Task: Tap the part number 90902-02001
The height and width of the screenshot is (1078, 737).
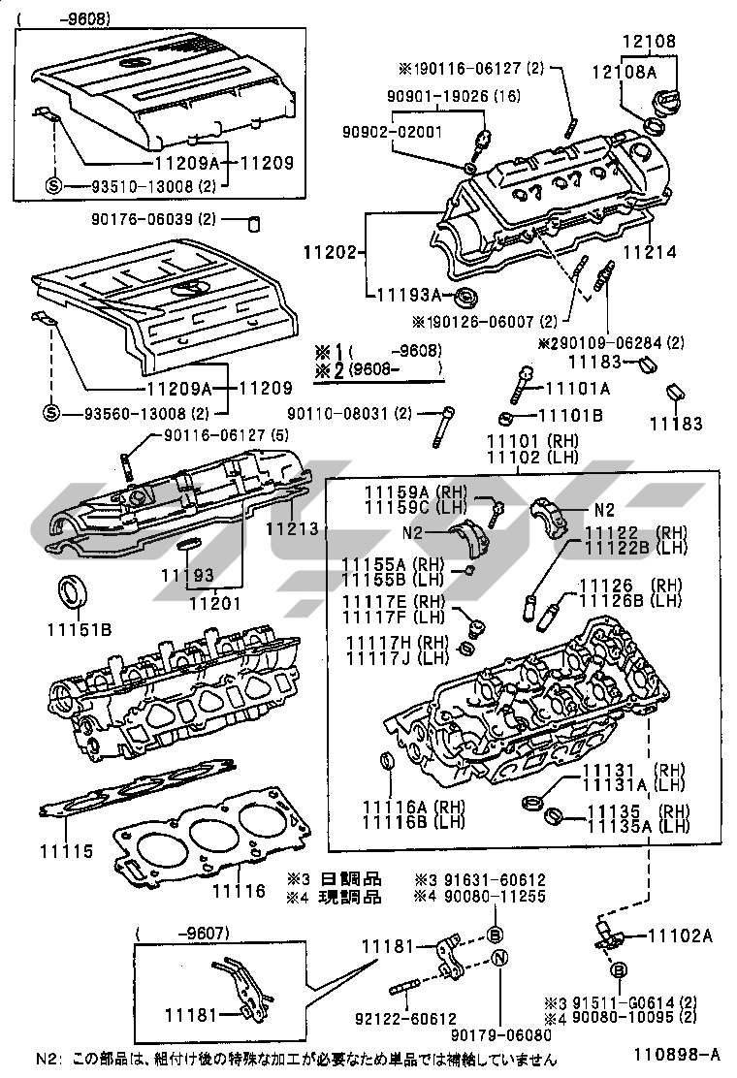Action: pyautogui.click(x=391, y=131)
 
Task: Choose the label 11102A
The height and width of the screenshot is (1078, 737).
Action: pyautogui.click(x=679, y=935)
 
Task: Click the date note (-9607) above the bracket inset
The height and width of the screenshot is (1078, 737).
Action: pyautogui.click(x=183, y=934)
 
